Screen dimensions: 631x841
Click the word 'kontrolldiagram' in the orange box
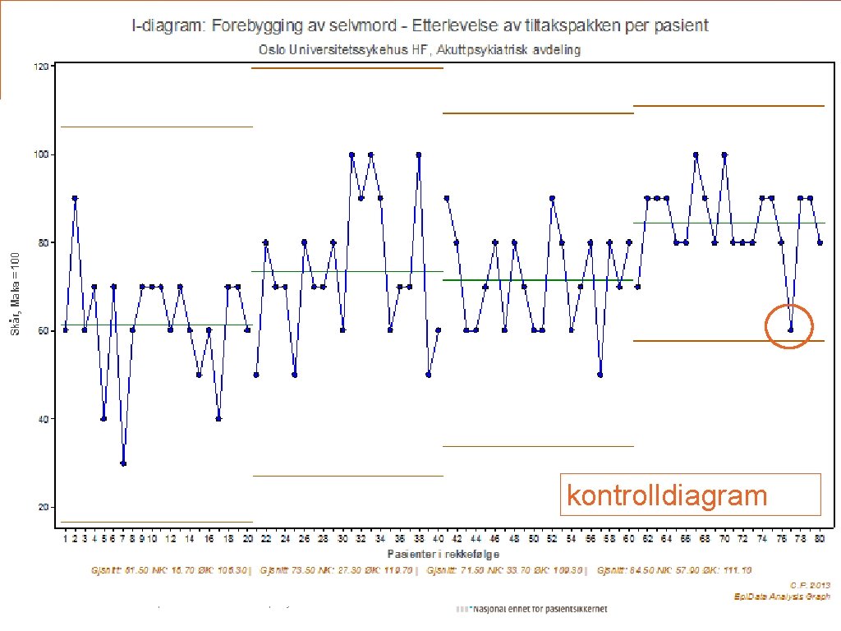point(667,495)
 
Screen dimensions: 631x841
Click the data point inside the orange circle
point(791,330)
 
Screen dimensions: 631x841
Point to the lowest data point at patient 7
point(123,463)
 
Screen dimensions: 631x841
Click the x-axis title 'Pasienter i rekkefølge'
point(443,554)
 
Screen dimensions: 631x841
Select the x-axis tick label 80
point(820,539)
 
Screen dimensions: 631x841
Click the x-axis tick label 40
point(439,539)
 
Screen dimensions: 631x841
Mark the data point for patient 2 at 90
point(75,198)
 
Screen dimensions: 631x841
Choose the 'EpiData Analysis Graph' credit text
point(782,596)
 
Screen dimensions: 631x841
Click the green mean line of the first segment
point(156,325)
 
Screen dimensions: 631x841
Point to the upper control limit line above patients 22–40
point(347,68)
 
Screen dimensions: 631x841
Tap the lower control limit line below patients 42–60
point(538,446)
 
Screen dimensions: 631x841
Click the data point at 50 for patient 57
point(600,375)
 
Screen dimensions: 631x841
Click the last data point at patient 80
point(820,242)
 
